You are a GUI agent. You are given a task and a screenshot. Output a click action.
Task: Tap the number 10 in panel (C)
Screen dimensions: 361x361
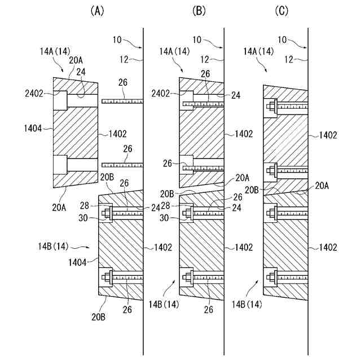284,39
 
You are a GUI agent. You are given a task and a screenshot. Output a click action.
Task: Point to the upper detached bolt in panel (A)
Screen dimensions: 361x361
122,101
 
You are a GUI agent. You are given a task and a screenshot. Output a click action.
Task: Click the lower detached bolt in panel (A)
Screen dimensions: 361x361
122,165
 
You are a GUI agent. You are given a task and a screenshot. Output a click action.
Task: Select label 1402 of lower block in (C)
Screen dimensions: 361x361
328,246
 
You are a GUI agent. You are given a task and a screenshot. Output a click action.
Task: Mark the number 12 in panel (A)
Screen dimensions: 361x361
125,58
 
